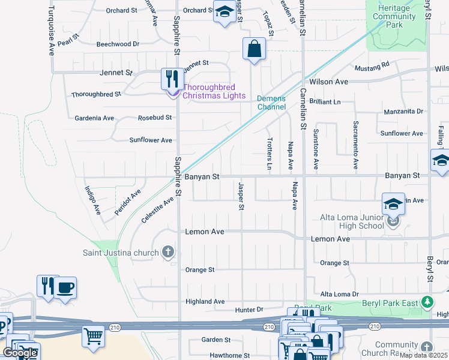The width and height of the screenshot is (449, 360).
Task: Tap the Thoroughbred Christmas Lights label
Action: tap(214, 92)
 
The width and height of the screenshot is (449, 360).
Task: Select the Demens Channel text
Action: tap(271, 103)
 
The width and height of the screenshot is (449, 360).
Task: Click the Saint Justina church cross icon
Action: tap(169, 252)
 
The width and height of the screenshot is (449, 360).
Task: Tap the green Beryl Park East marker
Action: tap(427, 302)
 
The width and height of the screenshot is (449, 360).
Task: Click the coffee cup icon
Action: tap(65, 286)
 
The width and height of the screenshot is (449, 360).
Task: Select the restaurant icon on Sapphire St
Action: tap(172, 78)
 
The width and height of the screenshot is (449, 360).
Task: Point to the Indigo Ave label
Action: tap(92, 200)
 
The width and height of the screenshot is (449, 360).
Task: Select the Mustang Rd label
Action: tap(372, 64)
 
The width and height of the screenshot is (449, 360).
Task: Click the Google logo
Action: tap(20, 353)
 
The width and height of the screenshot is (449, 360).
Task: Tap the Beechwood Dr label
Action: tap(118, 44)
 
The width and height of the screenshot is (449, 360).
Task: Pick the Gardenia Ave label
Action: tap(94, 118)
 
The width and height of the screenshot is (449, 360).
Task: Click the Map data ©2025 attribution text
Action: tap(423, 355)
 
